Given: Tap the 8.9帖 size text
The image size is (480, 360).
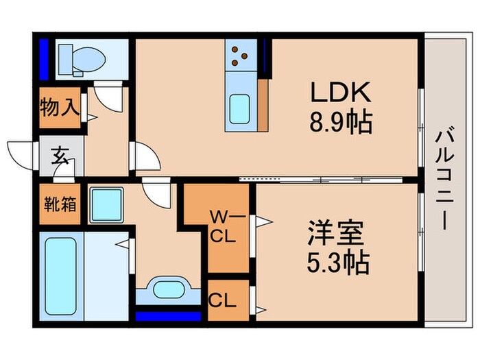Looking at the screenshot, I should tap(341, 123).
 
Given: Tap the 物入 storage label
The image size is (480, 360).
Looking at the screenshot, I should tap(60, 106).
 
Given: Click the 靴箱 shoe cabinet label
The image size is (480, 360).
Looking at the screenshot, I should tap(60, 204).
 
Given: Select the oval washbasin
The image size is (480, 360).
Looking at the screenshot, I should tap(169, 288).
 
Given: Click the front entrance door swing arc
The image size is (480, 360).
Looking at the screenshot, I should tap(21, 152).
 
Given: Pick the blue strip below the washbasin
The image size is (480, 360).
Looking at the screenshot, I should tap(168, 316).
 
